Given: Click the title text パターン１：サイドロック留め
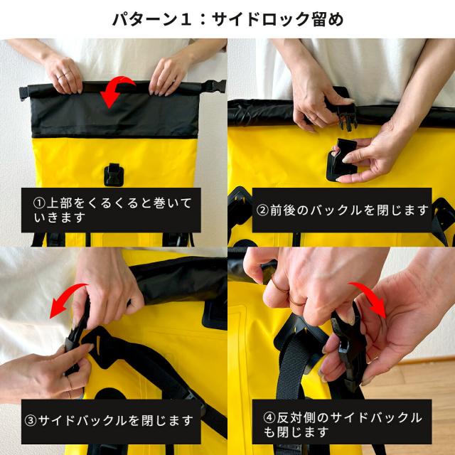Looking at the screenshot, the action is [227, 19].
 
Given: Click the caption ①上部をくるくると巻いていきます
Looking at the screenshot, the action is [112, 210].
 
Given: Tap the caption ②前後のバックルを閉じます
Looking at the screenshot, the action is [342, 210].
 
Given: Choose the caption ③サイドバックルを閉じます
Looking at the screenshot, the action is [109, 420].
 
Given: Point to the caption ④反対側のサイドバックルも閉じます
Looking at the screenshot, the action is [343, 425].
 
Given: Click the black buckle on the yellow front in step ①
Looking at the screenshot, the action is [114, 174].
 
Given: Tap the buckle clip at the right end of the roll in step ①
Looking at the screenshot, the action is [214, 86].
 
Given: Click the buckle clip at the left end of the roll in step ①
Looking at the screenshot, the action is [24, 93].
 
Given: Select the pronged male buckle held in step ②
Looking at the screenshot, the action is [346, 116].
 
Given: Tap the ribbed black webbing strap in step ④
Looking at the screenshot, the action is [290, 368].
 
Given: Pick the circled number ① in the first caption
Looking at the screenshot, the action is [39, 203].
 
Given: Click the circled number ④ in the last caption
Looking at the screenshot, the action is [269, 418].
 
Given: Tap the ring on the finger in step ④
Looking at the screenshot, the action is [279, 287].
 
